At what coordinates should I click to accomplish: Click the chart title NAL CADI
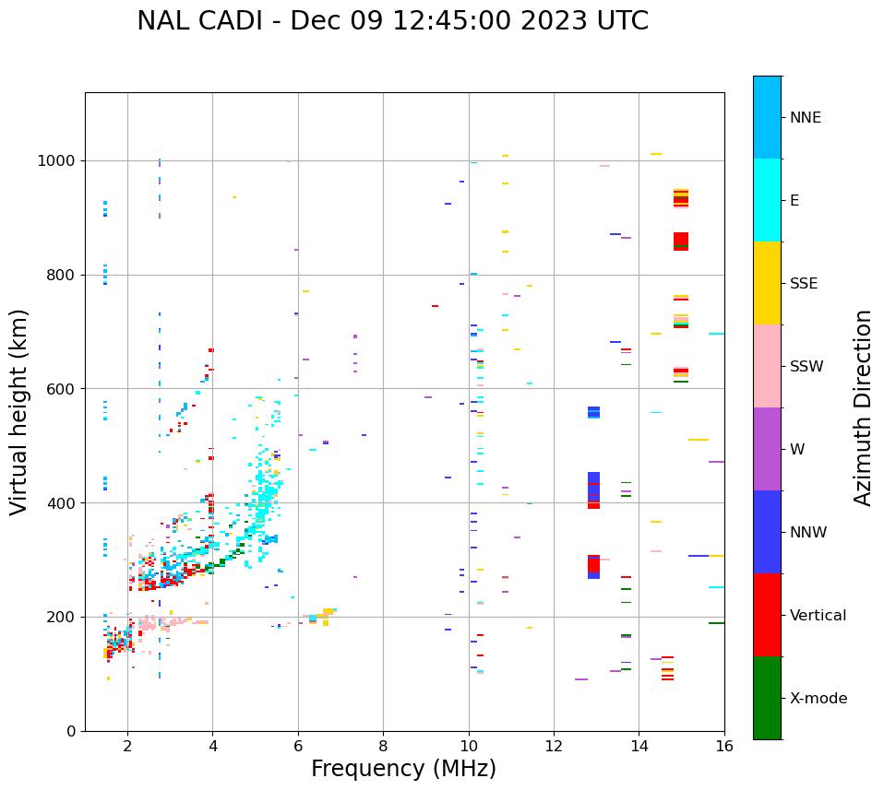pyautogui.click(x=392, y=21)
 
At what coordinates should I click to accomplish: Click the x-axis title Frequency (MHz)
pyautogui.click(x=403, y=769)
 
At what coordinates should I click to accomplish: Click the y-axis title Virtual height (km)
pyautogui.click(x=19, y=411)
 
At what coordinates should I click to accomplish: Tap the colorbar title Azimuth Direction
pyautogui.click(x=863, y=407)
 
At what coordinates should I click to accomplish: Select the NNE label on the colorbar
pyautogui.click(x=805, y=118)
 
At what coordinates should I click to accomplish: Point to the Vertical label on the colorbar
pyautogui.click(x=818, y=616)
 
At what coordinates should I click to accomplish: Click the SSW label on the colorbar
pyautogui.click(x=806, y=367)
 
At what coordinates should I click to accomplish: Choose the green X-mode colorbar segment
pyautogui.click(x=767, y=698)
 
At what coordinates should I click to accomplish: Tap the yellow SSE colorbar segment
pyautogui.click(x=767, y=283)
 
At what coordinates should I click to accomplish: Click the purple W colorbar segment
pyautogui.click(x=767, y=449)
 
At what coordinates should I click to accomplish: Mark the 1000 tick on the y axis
pyautogui.click(x=59, y=161)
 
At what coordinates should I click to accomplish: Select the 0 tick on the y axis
pyautogui.click(x=71, y=731)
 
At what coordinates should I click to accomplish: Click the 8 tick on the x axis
pyautogui.click(x=383, y=745)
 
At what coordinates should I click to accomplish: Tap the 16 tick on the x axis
pyautogui.click(x=724, y=745)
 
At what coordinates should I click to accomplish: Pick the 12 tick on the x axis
pyautogui.click(x=554, y=745)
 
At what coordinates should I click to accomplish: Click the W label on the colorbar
pyautogui.click(x=795, y=450)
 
